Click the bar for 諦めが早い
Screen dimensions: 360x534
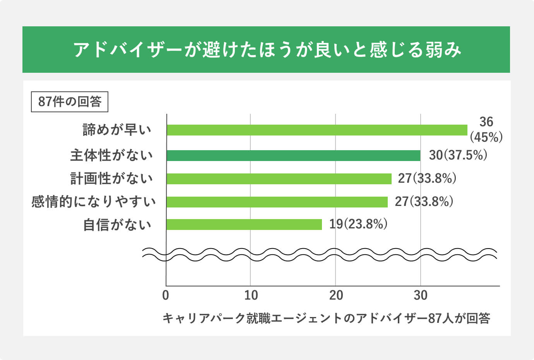tap(317, 130)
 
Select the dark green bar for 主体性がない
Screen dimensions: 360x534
tap(293, 156)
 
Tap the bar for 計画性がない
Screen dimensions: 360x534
tap(279, 178)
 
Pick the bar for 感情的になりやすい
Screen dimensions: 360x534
tap(277, 202)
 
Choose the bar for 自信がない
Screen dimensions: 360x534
tap(244, 225)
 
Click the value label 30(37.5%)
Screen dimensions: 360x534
tap(458, 155)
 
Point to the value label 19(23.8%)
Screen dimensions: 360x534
tap(358, 224)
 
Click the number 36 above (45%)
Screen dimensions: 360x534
tap(486, 122)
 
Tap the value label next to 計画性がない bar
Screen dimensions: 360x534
tap(427, 178)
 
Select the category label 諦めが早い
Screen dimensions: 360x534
tap(117, 130)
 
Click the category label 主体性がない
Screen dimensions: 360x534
tap(111, 156)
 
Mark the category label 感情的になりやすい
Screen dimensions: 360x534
tap(94, 202)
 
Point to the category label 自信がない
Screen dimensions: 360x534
tap(117, 225)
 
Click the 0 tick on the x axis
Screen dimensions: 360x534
tap(166, 295)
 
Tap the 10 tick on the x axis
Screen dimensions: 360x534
tap(251, 295)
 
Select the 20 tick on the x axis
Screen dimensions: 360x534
tap(336, 295)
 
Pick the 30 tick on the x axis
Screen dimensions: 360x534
tap(421, 295)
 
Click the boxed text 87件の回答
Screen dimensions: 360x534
tap(70, 101)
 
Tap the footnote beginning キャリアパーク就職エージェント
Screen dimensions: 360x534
tap(326, 318)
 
